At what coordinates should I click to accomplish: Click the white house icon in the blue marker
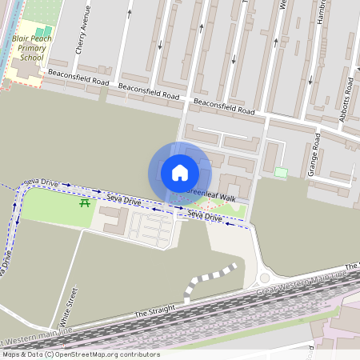click(180, 172)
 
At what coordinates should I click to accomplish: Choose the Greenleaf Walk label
click(211, 197)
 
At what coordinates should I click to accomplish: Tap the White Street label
click(67, 309)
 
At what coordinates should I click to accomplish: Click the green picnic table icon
click(84, 202)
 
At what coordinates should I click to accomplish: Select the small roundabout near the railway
click(264, 278)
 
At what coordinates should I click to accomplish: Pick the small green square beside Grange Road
click(281, 172)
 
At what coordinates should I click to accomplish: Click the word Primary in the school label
click(32, 48)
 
